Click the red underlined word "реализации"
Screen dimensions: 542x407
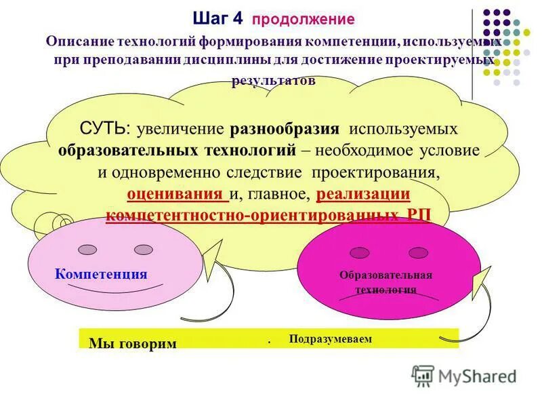pos(363,194)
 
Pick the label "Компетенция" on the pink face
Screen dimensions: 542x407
pos(102,274)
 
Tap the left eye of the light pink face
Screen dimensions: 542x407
pos(87,250)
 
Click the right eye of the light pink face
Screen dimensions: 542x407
pos(144,250)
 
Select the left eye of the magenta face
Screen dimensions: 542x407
pos(360,252)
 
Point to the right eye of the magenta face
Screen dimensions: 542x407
pos(419,252)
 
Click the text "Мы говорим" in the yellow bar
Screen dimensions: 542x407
pos(132,343)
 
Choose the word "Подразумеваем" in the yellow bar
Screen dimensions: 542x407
pos(330,338)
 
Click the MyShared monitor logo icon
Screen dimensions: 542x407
pos(423,375)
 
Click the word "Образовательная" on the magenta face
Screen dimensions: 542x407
pos(385,275)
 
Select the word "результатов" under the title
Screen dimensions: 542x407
pos(274,80)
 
